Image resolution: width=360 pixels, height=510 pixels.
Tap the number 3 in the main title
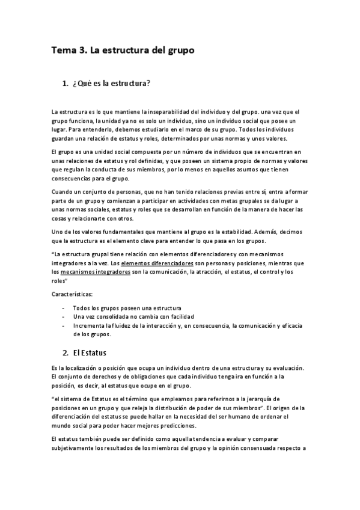(83, 52)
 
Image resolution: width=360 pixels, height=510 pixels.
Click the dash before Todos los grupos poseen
(64, 308)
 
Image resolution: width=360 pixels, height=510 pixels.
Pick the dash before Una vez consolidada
(64, 316)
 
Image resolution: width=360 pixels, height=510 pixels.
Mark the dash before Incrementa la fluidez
(64, 325)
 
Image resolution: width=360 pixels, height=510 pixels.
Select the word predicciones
(171, 425)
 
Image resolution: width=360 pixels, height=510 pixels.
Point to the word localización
(79, 368)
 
